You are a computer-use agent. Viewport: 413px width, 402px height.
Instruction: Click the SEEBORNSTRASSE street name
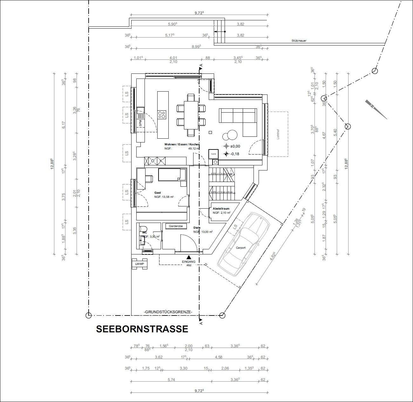pos(142,329)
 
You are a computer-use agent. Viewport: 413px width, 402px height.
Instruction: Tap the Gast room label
pos(158,193)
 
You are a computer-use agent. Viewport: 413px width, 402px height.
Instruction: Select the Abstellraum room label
pos(221,209)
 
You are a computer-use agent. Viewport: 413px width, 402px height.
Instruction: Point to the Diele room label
pos(197,228)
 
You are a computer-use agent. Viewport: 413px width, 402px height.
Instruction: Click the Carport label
pos(240,247)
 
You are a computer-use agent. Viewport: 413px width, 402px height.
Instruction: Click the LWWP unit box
pos(139,264)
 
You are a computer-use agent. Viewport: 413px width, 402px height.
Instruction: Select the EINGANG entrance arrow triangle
pos(189,257)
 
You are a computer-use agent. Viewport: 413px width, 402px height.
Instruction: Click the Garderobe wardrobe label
pos(176,226)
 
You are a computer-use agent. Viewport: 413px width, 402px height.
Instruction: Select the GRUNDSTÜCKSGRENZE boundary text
pos(168,312)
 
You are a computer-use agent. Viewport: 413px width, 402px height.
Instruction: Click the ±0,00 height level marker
pos(226,146)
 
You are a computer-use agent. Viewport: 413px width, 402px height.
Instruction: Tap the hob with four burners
pos(162,114)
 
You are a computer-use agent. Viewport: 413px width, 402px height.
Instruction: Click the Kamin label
pos(213,154)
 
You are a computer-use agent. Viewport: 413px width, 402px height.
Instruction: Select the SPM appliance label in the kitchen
pos(140,122)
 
